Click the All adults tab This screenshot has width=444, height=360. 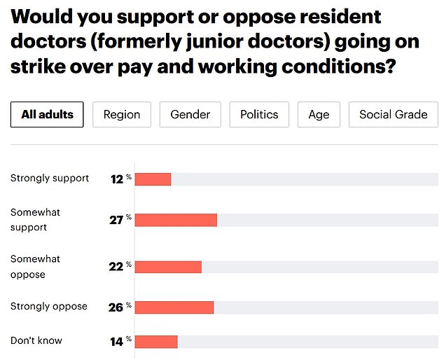pos(47,115)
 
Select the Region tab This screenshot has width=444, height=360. pos(121,115)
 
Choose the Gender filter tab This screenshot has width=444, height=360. pos(190,115)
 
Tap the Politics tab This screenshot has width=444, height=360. pos(259,115)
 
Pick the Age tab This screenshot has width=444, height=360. pos(319,115)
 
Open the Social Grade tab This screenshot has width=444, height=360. pos(393,115)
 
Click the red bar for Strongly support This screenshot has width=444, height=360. pos(153,179)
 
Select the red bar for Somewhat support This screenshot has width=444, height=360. pos(176,220)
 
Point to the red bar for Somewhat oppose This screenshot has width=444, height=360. pos(168,267)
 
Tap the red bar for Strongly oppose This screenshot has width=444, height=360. pos(174,307)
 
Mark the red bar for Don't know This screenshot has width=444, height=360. pos(156,341)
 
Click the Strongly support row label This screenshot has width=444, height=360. pos(50,178)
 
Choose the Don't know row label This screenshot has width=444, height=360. pos(36,340)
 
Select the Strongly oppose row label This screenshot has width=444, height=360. pos(49,306)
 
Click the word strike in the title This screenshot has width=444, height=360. pos(36,69)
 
